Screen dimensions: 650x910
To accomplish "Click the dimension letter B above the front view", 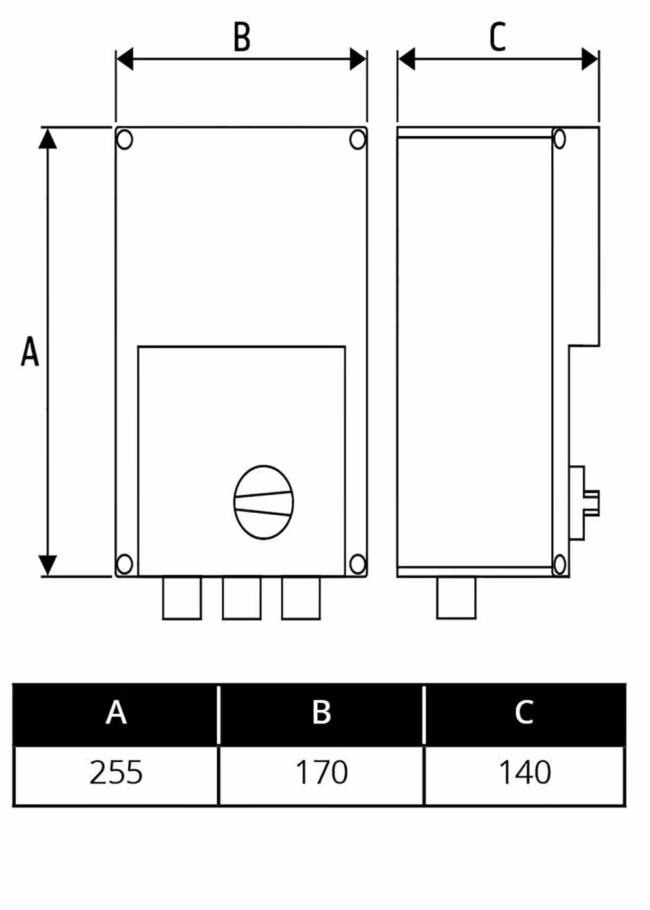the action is click(x=242, y=37).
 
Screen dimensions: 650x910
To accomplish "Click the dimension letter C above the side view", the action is click(x=498, y=37).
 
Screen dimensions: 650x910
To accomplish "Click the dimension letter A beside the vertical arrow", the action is click(x=30, y=352).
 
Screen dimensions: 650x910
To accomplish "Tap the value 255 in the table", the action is click(x=116, y=772).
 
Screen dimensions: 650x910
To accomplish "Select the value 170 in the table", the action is click(x=322, y=772).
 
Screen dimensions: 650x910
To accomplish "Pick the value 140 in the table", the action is click(x=525, y=772).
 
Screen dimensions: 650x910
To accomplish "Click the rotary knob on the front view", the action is click(x=264, y=502).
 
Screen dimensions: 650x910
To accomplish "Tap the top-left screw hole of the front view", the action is click(x=125, y=140).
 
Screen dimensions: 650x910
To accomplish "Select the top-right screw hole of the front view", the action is click(x=357, y=140).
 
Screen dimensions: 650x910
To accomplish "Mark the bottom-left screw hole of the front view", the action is click(x=125, y=564).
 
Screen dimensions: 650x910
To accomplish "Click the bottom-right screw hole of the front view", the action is click(x=357, y=564).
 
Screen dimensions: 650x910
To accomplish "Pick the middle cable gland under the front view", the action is click(x=242, y=598).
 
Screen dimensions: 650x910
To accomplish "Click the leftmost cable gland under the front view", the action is click(x=182, y=598).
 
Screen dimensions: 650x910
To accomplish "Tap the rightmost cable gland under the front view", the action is click(x=301, y=598).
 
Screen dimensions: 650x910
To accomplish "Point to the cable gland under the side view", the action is click(x=456, y=598).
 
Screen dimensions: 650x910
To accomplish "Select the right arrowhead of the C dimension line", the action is click(x=590, y=59).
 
